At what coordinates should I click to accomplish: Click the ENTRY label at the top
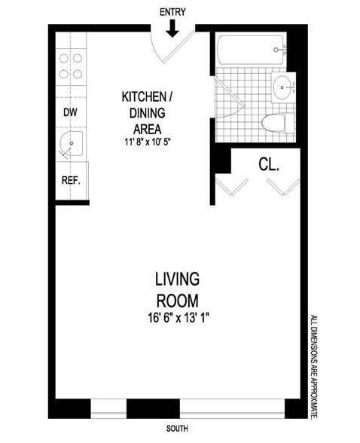172,12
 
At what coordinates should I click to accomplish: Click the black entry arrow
172,29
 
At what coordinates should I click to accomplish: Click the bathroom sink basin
282,87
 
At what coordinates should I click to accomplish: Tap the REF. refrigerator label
71,181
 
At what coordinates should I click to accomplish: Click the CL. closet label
269,163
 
